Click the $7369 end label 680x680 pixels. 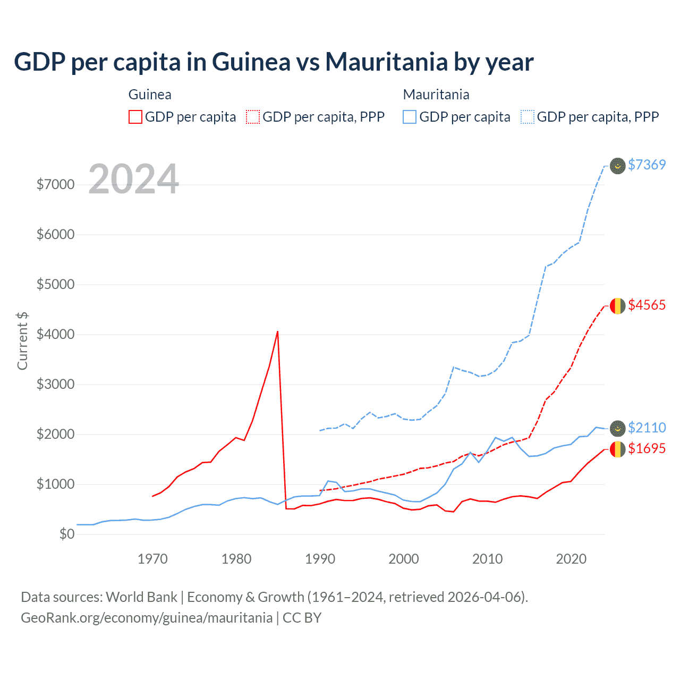pos(647,165)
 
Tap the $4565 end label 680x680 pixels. pos(647,305)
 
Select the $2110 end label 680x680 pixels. pos(647,428)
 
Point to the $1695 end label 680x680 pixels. pos(647,448)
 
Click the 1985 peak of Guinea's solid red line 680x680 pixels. pos(277,331)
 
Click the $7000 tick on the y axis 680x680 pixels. pos(55,184)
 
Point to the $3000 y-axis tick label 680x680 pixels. pos(55,384)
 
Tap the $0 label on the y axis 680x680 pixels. pos(67,534)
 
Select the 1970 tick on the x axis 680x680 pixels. pos(152,559)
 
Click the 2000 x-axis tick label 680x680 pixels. pos(404,559)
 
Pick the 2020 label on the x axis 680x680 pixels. pos(571,559)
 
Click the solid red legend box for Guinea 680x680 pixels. pos(135,117)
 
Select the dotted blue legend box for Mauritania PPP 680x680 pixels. pos(528,117)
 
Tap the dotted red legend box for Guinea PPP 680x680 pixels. pos(253,117)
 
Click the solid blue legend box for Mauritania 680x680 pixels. pos(410,117)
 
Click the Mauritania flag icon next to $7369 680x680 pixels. pos(617,166)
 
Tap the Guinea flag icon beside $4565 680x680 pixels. pos(617,306)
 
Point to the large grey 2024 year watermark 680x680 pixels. pos(133,179)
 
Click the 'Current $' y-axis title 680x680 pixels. pos(22,341)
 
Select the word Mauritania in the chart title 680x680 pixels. pos(386,62)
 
